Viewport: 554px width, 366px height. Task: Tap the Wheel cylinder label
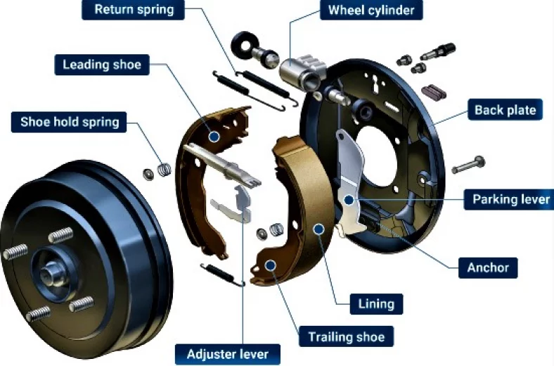pos(371,10)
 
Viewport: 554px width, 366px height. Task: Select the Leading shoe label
pos(102,65)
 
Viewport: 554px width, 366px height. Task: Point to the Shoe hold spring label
pos(69,122)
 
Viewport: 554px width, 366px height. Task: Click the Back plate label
pos(505,110)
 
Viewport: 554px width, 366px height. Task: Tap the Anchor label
pos(488,267)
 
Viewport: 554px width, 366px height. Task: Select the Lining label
pos(376,304)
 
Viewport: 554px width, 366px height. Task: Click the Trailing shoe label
pos(346,336)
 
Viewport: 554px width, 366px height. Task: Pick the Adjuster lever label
pos(228,354)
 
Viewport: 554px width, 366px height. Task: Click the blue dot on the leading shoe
pos(214,136)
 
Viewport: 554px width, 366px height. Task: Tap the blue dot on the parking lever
pos(349,200)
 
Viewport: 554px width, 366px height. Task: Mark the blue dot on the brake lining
pos(319,229)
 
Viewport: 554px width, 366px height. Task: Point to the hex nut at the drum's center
pos(49,273)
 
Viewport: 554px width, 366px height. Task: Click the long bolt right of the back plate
pos(468,165)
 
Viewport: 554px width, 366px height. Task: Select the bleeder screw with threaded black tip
pos(438,51)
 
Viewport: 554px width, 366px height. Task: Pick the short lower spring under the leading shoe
pos(223,274)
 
